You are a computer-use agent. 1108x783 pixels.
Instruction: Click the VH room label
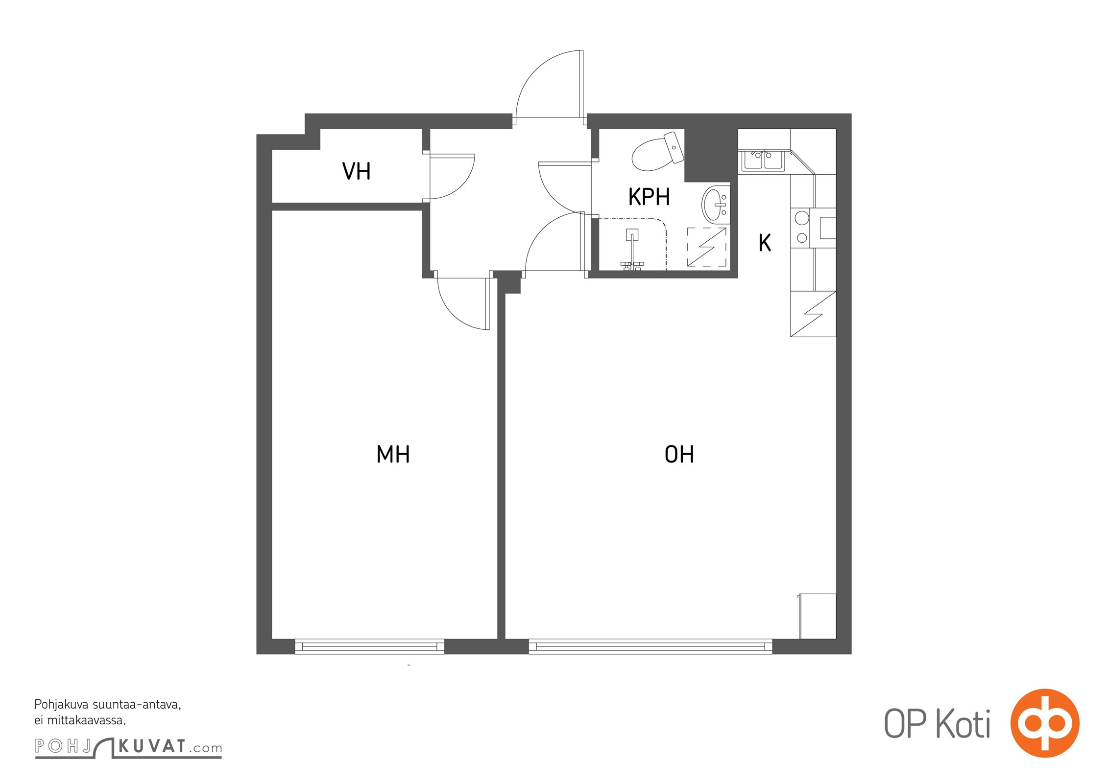click(356, 171)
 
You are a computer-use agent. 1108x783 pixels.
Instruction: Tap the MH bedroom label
click(393, 454)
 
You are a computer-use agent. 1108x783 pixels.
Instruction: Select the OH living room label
click(679, 454)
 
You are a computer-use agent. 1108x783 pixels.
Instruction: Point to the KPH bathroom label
click(649, 197)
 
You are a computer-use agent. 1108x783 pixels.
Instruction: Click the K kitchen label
click(765, 243)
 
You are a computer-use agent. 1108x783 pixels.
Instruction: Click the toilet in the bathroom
click(658, 151)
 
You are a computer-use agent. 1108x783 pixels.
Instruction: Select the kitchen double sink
click(764, 161)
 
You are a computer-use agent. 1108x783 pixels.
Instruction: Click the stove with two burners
click(802, 228)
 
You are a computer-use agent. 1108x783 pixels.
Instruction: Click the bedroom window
click(369, 646)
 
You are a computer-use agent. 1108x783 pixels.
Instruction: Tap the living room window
click(650, 646)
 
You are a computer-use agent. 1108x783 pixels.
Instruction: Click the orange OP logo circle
click(1045, 723)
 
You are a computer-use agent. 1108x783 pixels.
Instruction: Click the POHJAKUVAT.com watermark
click(128, 747)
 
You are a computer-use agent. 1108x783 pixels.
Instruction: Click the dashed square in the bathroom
click(706, 247)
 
